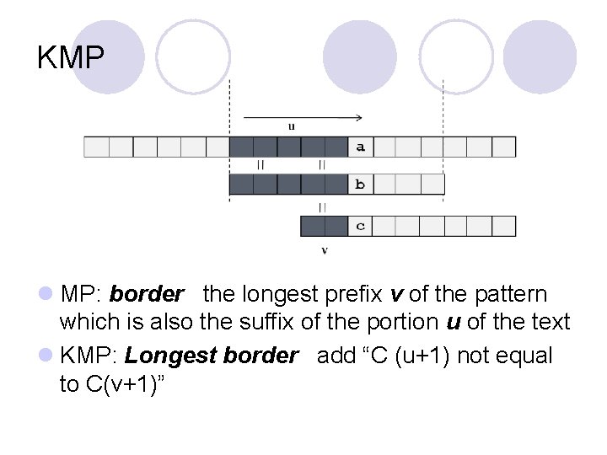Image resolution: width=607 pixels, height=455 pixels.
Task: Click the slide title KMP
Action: pyautogui.click(x=71, y=58)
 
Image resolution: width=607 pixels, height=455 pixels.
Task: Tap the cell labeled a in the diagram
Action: pyautogui.click(x=360, y=147)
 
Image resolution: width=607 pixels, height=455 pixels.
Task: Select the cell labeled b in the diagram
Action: pyautogui.click(x=360, y=185)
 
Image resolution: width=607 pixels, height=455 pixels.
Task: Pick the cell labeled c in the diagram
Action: pyautogui.click(x=360, y=226)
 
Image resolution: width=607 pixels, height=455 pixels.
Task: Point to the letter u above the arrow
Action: pyautogui.click(x=292, y=127)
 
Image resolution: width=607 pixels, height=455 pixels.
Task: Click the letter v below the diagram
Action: pyautogui.click(x=325, y=250)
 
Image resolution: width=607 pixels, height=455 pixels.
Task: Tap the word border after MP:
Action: pyautogui.click(x=147, y=295)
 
